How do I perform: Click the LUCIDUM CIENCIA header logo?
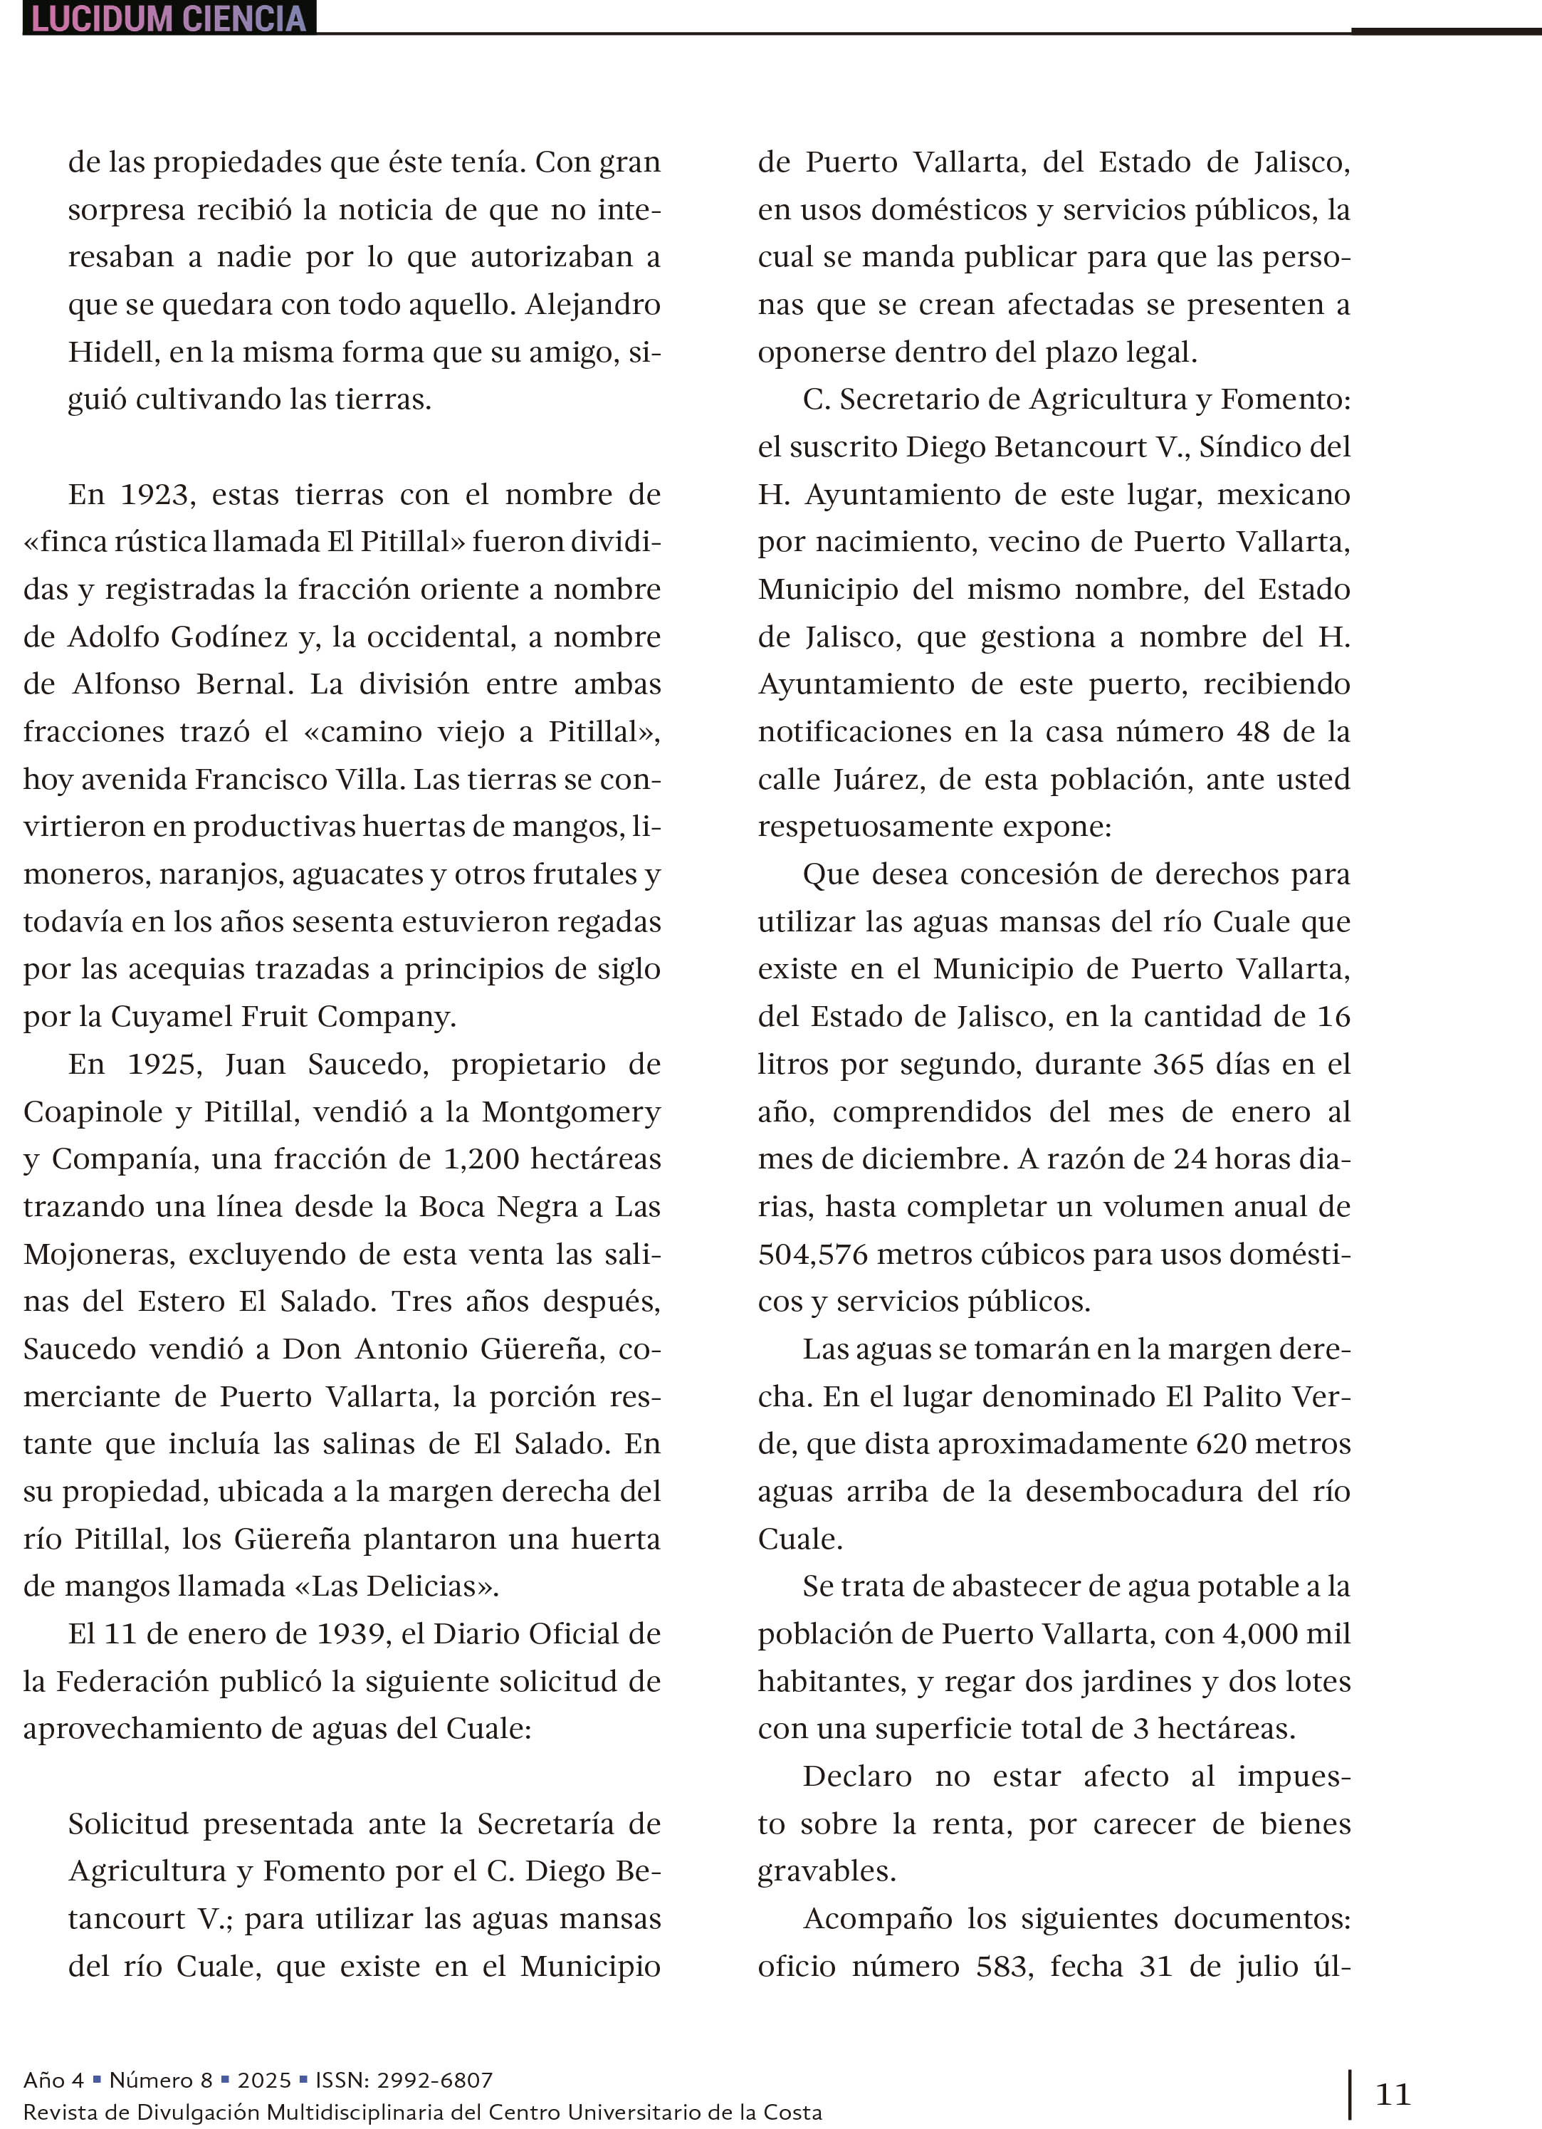169,18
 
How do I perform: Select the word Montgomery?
571,1112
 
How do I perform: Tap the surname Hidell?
104,352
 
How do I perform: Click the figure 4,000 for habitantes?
1261,1633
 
